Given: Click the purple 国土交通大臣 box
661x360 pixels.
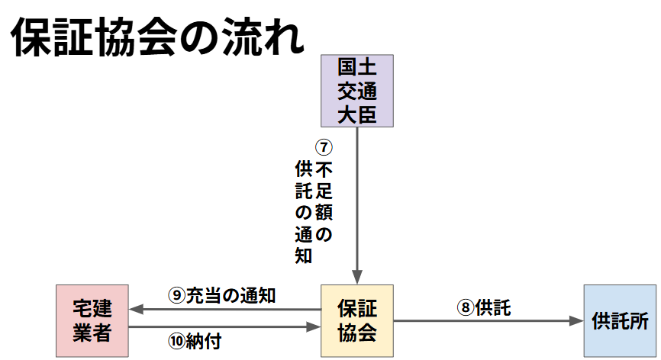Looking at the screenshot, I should (356, 90).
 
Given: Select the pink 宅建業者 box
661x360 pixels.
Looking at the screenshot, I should (92, 321).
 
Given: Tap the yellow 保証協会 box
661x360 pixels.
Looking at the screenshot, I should (356, 321).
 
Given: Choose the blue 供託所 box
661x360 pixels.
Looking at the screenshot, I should (620, 321).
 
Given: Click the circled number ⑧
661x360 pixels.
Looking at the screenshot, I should (465, 308).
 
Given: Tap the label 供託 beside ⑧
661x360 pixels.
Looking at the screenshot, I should (492, 308).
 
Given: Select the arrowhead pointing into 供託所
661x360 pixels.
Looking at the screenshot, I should (576, 321).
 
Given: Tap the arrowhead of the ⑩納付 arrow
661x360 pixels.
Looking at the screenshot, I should (313, 327).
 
